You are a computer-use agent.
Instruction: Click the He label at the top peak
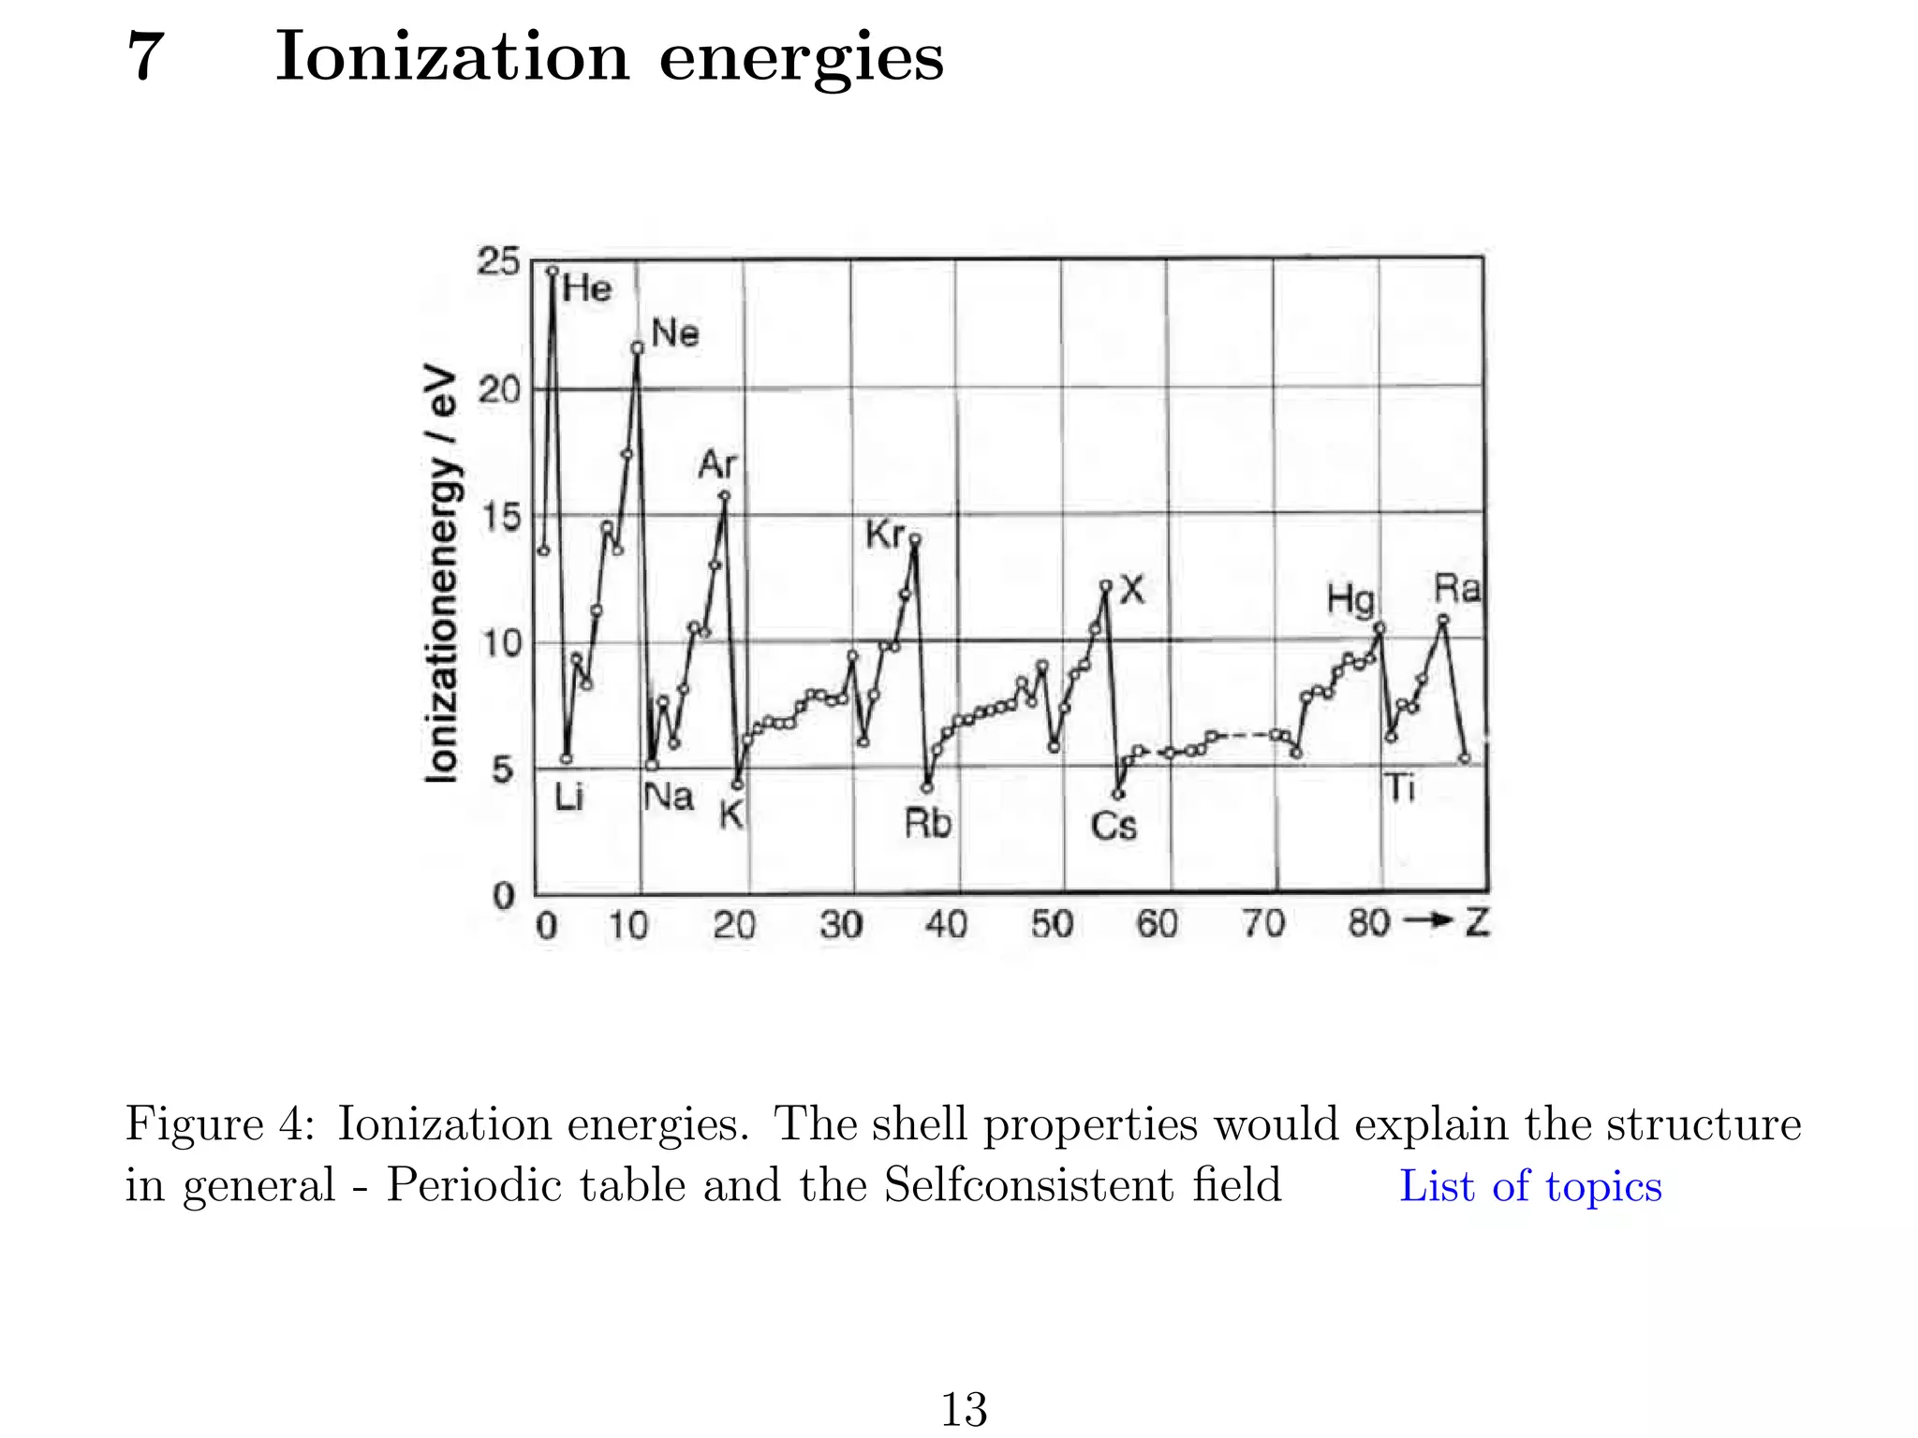(587, 288)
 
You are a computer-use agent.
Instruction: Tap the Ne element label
(674, 333)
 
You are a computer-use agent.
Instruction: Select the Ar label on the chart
(717, 464)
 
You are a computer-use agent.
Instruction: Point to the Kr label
(885, 536)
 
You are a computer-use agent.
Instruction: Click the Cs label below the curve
(1114, 826)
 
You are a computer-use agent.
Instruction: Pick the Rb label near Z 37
(927, 824)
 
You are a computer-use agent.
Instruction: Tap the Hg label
(1350, 599)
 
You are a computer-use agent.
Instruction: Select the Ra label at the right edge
(1457, 590)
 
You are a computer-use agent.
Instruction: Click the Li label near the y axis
(568, 798)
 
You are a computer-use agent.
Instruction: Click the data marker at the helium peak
(553, 271)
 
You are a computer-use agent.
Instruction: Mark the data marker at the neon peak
(638, 348)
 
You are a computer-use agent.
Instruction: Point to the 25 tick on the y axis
(498, 261)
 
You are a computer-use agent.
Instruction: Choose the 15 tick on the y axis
(498, 517)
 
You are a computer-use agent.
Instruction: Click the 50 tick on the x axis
(1052, 925)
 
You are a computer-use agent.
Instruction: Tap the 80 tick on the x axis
(1368, 924)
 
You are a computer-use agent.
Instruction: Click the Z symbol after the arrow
(1477, 923)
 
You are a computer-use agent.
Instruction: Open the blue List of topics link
(1530, 1186)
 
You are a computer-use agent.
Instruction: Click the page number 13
(963, 1409)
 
